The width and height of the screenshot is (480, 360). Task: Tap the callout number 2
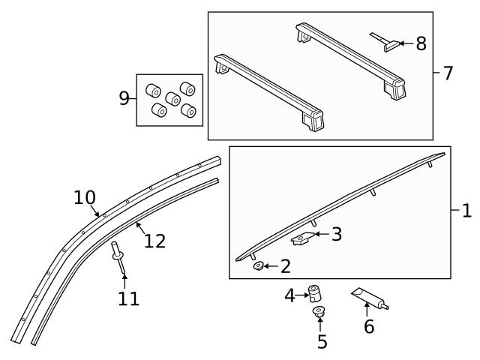[x=285, y=265]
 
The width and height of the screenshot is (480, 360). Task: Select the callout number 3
[x=337, y=235]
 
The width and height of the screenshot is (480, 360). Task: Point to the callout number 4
[x=290, y=296]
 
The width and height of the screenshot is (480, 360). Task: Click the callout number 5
[x=322, y=342]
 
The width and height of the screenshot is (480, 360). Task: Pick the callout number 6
[x=368, y=326]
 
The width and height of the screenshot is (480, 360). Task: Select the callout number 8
[x=421, y=43]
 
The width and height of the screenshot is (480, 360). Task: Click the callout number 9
[x=124, y=98]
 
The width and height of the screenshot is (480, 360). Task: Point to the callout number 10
[x=85, y=197]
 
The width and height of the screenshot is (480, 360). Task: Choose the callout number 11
[x=128, y=298]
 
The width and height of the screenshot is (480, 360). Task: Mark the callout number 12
[x=154, y=241]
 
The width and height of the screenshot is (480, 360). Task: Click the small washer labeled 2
[x=259, y=265]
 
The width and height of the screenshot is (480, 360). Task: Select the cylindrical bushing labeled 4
[x=316, y=292]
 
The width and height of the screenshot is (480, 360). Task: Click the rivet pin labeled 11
[x=118, y=254]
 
